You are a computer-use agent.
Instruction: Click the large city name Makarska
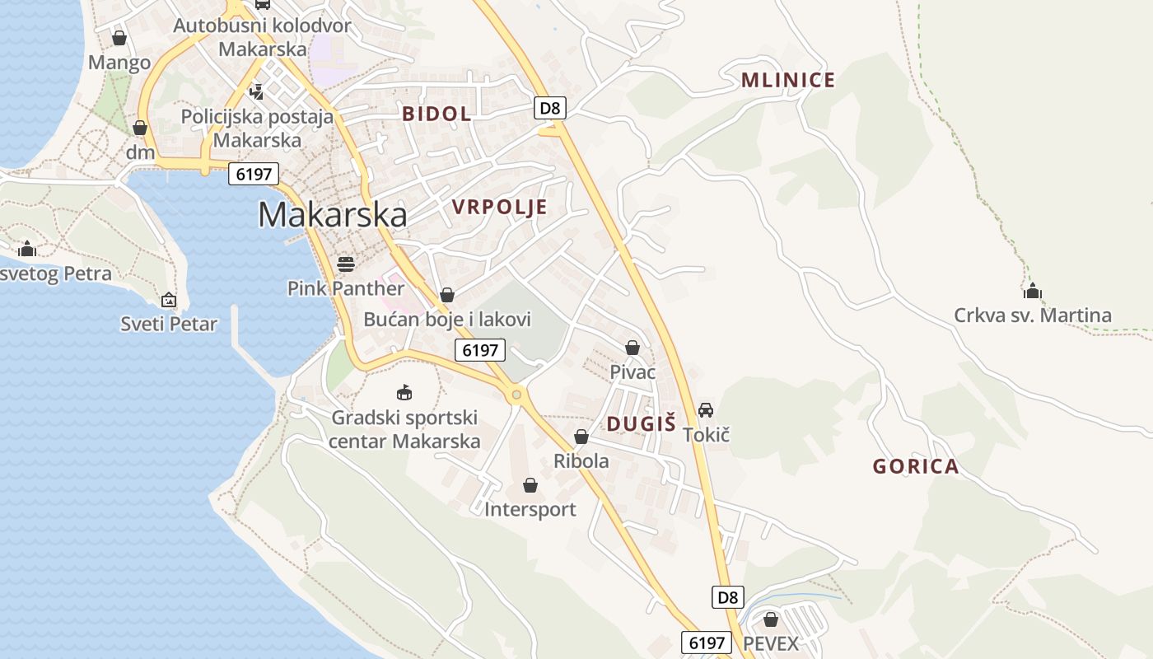pyautogui.click(x=332, y=215)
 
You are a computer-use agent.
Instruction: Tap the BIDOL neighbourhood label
pyautogui.click(x=436, y=114)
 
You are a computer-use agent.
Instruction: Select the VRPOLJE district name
pyautogui.click(x=500, y=207)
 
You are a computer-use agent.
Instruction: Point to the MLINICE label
pyautogui.click(x=788, y=80)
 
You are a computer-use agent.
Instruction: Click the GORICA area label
pyautogui.click(x=916, y=466)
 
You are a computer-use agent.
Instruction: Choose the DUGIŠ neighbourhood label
pyautogui.click(x=641, y=424)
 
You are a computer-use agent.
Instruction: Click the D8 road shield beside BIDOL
pyautogui.click(x=550, y=107)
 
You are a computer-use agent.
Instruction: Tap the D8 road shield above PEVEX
pyautogui.click(x=728, y=596)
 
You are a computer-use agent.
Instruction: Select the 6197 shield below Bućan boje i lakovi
pyautogui.click(x=480, y=350)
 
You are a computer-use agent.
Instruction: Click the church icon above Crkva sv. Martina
pyautogui.click(x=1033, y=291)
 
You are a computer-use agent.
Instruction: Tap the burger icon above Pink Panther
pyautogui.click(x=346, y=264)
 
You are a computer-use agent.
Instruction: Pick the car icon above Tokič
pyautogui.click(x=706, y=409)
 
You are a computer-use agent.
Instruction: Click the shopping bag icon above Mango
pyautogui.click(x=119, y=38)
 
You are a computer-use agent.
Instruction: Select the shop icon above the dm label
pyautogui.click(x=140, y=128)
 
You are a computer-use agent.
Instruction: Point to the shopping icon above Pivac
pyautogui.click(x=633, y=348)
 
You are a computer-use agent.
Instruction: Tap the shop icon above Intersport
pyautogui.click(x=530, y=485)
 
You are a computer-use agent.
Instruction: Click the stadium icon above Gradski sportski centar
pyautogui.click(x=404, y=392)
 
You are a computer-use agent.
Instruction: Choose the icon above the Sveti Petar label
pyautogui.click(x=169, y=300)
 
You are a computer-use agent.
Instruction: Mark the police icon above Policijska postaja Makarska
pyautogui.click(x=257, y=91)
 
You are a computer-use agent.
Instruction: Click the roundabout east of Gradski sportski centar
pyautogui.click(x=516, y=395)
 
